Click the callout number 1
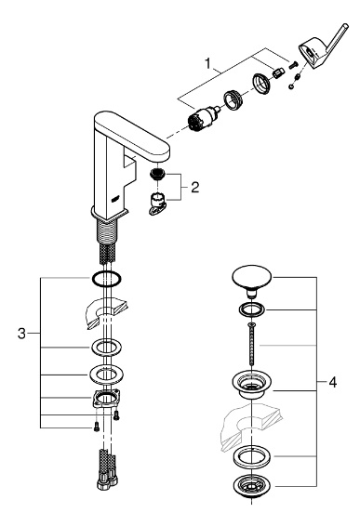coord(207,63)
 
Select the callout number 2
coord(195,188)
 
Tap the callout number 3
coord(21,334)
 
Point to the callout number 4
coord(332,382)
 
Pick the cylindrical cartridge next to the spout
coord(203,119)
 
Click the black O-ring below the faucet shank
coord(106,279)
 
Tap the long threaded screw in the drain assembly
coord(251,344)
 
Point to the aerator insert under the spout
coord(158,175)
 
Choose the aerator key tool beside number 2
coord(157,204)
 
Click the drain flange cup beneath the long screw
coord(251,384)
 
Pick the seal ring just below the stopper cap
coord(251,309)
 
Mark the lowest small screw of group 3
coord(97,427)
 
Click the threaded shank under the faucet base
coord(107,231)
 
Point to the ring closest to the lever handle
coord(262,83)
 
